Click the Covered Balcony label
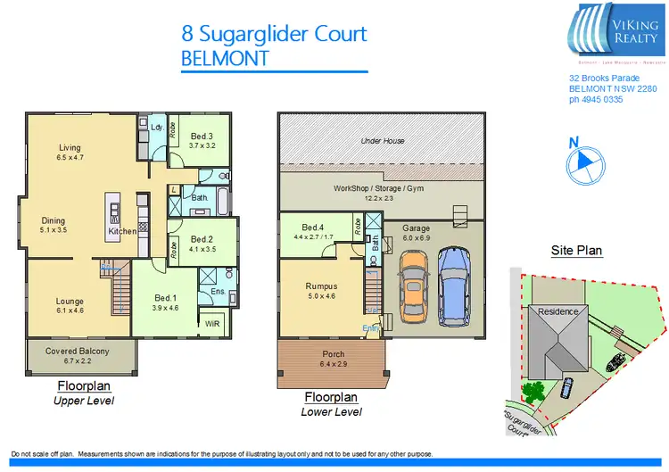coord(78,352)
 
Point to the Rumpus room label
coord(319,286)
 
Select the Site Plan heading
coord(577,251)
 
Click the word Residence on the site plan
coord(557,311)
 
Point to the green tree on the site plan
coord(533,391)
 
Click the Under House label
coord(383,141)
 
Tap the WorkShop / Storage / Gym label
coord(382,189)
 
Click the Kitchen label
coord(122,231)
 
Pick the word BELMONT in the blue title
coord(224,58)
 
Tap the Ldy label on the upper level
coord(156,127)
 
